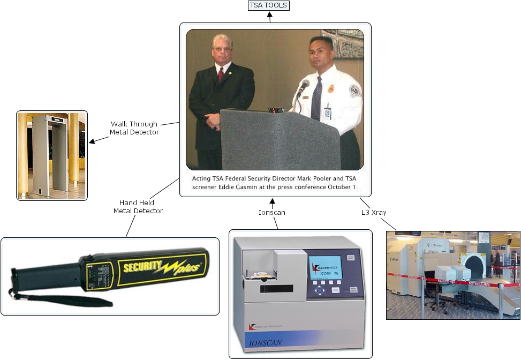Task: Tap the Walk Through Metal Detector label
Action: point(134,128)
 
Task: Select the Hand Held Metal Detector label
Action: point(138,207)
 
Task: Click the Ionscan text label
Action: point(272,212)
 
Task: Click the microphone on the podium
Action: point(303,87)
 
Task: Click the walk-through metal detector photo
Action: point(52,155)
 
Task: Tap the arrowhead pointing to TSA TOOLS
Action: point(269,19)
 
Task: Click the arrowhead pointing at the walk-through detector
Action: point(92,141)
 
